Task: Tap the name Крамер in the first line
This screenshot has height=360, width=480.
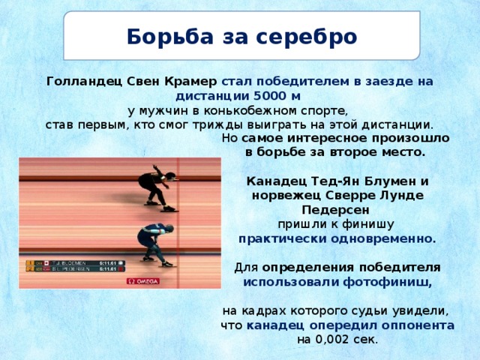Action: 191,81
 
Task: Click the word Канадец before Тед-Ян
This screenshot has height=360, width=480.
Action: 276,181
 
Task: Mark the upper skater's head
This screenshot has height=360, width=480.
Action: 170,177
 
